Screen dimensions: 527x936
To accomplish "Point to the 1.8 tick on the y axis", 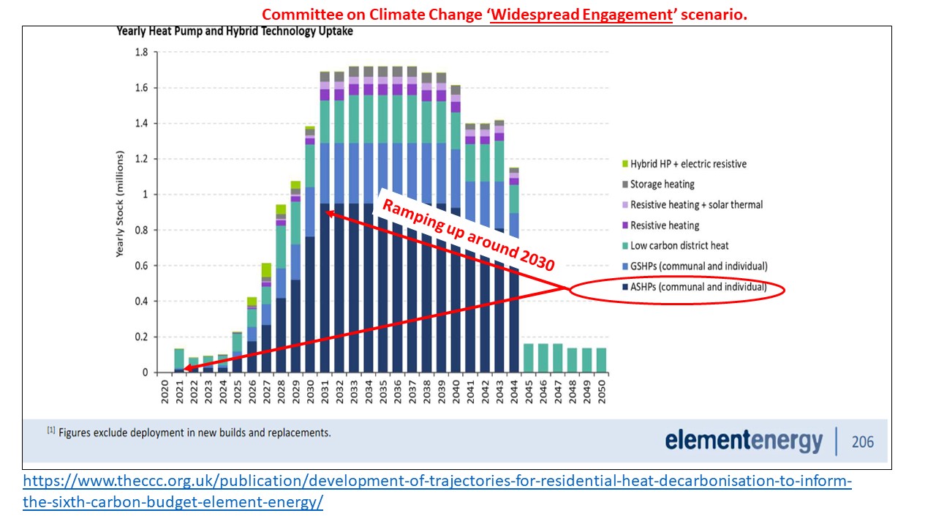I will click(142, 53).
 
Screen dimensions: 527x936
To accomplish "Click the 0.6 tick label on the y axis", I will click(142, 266).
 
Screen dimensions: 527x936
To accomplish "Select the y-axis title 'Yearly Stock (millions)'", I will click(120, 203).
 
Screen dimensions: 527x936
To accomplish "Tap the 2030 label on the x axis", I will click(311, 395).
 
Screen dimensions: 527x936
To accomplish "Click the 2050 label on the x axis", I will click(601, 395).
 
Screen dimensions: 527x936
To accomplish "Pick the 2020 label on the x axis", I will click(165, 395).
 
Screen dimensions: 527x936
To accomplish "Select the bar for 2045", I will click(529, 358).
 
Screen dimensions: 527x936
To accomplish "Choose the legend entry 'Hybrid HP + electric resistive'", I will click(688, 164).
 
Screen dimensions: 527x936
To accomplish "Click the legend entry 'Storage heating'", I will click(662, 184).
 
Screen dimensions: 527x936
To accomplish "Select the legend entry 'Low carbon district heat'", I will click(679, 246).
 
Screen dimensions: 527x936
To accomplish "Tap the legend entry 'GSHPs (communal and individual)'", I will click(698, 266).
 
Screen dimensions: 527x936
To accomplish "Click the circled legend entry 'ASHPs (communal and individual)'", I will click(698, 287).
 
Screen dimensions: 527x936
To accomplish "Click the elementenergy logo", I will click(744, 441).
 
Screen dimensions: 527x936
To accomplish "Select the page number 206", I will click(862, 441).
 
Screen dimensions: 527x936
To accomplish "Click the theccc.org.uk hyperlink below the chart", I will click(437, 492).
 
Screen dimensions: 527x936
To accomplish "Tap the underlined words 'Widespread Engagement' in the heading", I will click(581, 15).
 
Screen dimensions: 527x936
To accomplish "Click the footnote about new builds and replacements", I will click(189, 433).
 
